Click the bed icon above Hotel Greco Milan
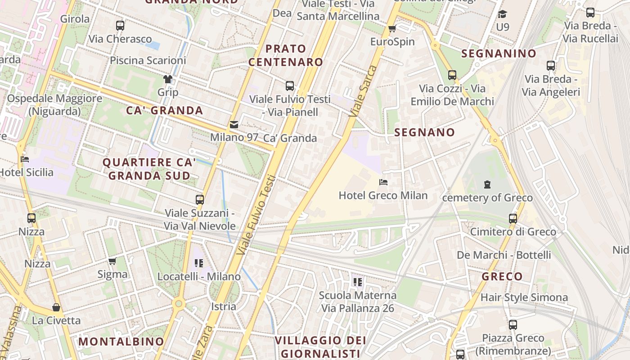point(383,182)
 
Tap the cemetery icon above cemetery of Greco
point(487,184)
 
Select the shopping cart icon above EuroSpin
point(392,29)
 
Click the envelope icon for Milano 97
point(234,124)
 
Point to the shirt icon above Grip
point(168,79)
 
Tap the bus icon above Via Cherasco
point(120,26)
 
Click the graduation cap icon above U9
point(502,14)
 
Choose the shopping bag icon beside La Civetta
point(56,307)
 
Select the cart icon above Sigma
point(112,261)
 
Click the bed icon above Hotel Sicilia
point(25,159)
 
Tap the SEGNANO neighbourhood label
point(425,132)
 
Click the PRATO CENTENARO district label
point(286,55)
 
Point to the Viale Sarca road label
point(363,91)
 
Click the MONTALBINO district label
point(121,342)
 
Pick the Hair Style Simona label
point(524,297)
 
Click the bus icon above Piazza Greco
point(513,325)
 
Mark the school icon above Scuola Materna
point(358,282)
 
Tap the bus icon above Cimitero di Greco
point(513,219)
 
